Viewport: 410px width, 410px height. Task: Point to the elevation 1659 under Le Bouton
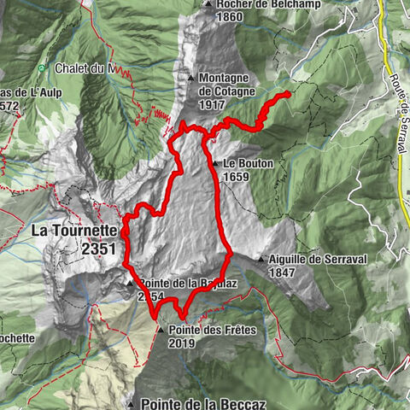[238, 176]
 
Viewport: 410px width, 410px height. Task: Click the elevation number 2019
[182, 343]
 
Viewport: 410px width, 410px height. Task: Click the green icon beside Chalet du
[41, 68]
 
